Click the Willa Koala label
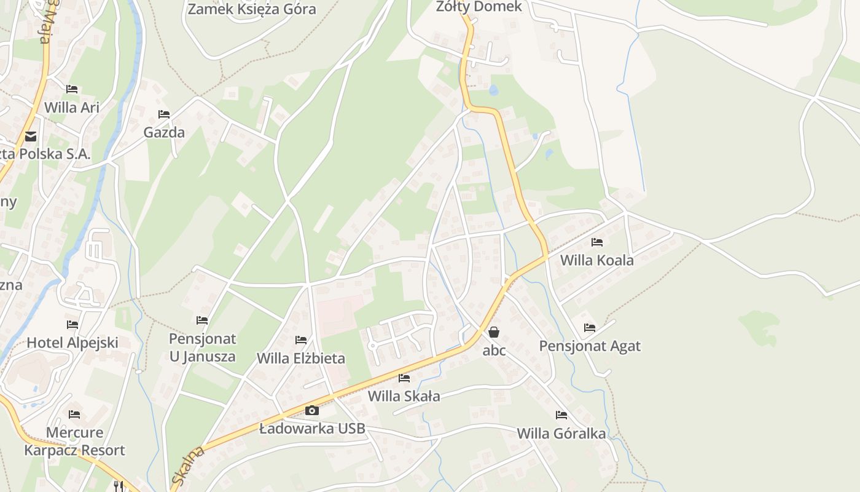(596, 260)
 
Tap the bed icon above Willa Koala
(596, 242)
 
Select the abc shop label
(494, 351)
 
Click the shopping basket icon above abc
(494, 333)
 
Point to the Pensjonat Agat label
(590, 346)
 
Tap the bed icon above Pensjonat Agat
(590, 328)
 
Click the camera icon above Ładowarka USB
(312, 410)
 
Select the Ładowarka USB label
(312, 429)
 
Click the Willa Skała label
(404, 396)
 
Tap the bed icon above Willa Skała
(404, 378)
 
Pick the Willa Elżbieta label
(301, 358)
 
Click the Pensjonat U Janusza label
(202, 347)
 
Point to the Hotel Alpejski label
(72, 343)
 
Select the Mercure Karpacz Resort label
(74, 441)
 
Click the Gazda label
(164, 132)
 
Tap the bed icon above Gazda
(164, 114)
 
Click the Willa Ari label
(72, 107)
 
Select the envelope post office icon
(30, 137)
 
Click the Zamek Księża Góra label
(252, 9)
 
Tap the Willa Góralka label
(561, 434)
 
